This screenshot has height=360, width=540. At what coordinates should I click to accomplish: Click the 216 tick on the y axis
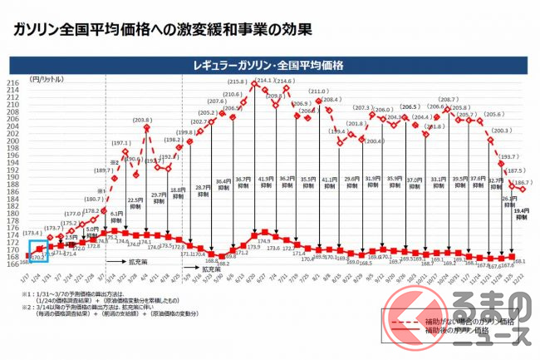coord(15,83)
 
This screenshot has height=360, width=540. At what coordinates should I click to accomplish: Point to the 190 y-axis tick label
coord(15,175)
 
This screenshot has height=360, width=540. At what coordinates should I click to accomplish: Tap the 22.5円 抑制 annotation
coord(135,203)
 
